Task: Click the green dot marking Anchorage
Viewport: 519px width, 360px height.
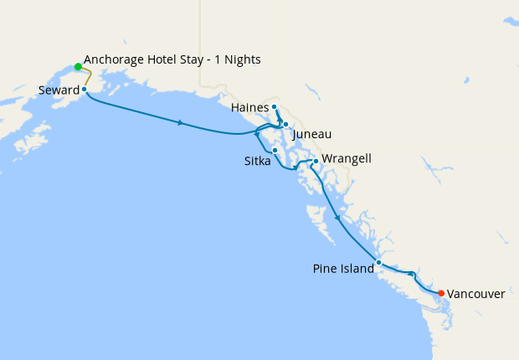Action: (78, 66)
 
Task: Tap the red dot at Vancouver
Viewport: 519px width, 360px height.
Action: (441, 293)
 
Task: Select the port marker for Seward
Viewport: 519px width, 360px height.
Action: (85, 89)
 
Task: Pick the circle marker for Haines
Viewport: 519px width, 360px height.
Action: (275, 107)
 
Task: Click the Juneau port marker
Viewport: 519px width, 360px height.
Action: (285, 123)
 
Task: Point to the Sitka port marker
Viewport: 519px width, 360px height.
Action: (275, 150)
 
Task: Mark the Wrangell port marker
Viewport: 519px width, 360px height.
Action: (315, 160)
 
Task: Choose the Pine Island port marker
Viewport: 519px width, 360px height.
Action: (379, 262)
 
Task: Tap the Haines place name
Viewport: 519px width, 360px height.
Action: (249, 107)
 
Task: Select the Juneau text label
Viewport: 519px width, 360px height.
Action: (312, 134)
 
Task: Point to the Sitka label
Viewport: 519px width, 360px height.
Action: (257, 161)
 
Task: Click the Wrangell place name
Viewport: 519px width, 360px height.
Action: (346, 158)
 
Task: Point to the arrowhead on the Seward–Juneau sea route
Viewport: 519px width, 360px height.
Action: (180, 123)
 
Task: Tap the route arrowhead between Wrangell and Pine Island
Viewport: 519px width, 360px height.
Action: (337, 218)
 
